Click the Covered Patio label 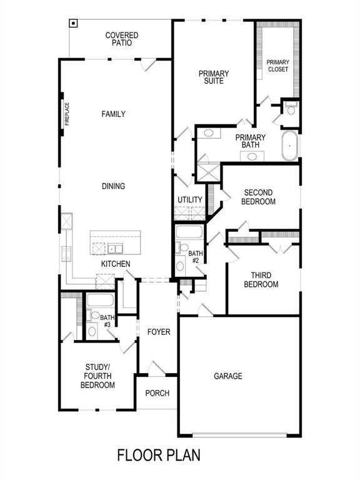pyautogui.click(x=122, y=40)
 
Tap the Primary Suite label pyautogui.click(x=214, y=77)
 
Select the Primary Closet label pyautogui.click(x=277, y=66)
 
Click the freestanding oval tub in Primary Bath pyautogui.click(x=289, y=146)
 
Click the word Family pyautogui.click(x=114, y=114)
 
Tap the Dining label pyautogui.click(x=114, y=186)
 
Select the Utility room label pyautogui.click(x=190, y=200)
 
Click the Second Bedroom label pyautogui.click(x=259, y=197)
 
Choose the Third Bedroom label pyautogui.click(x=264, y=279)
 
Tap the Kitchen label pyautogui.click(x=116, y=264)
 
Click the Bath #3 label pyautogui.click(x=106, y=321)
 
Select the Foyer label pyautogui.click(x=159, y=332)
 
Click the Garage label pyautogui.click(x=228, y=376)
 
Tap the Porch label pyautogui.click(x=157, y=393)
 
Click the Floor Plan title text pyautogui.click(x=159, y=454)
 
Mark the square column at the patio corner pyautogui.click(x=74, y=24)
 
